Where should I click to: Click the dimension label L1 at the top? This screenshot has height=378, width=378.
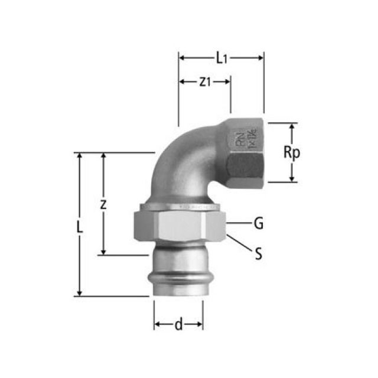coord(221,57)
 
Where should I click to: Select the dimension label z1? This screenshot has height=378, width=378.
coord(204,82)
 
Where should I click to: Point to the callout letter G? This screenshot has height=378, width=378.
coord(258,223)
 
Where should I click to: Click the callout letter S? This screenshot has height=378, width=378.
coord(258,255)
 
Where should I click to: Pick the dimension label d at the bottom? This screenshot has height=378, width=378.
coord(178,324)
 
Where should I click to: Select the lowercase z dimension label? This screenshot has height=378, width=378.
coord(103,204)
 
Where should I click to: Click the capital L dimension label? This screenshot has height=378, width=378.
coord(80,226)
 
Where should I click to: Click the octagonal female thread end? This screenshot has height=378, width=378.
coord(245,155)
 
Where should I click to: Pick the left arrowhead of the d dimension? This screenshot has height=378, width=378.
coord(158,324)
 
